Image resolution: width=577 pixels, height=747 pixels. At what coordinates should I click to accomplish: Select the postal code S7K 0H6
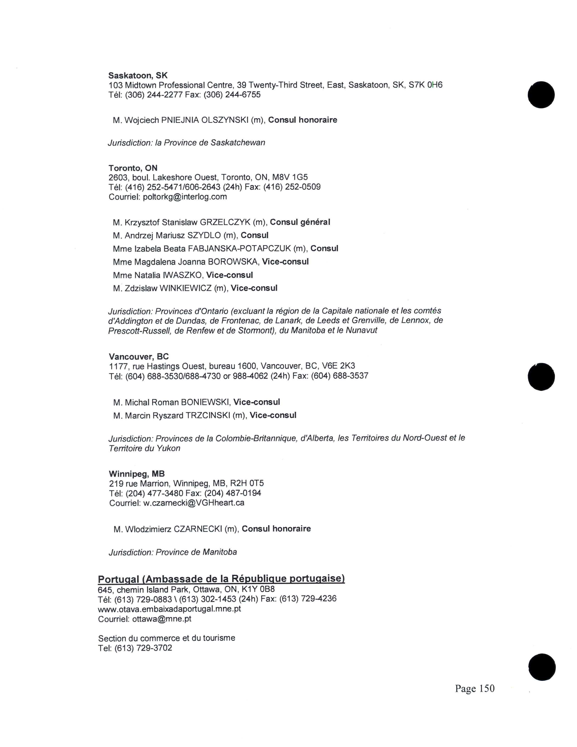426,85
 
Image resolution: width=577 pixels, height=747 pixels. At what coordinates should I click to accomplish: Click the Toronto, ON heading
133,168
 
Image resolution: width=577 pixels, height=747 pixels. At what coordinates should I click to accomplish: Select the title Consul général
300,222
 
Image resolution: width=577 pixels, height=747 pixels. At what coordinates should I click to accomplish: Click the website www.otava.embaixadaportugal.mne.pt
169,609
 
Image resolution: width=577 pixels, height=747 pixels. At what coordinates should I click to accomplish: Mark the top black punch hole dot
541,95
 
